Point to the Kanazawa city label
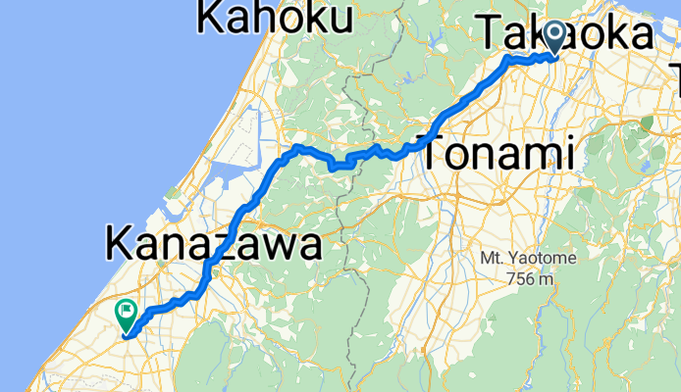click(213, 243)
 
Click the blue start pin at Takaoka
click(554, 37)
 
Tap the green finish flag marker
click(127, 314)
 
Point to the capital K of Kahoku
click(213, 17)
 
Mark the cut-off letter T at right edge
click(675, 71)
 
